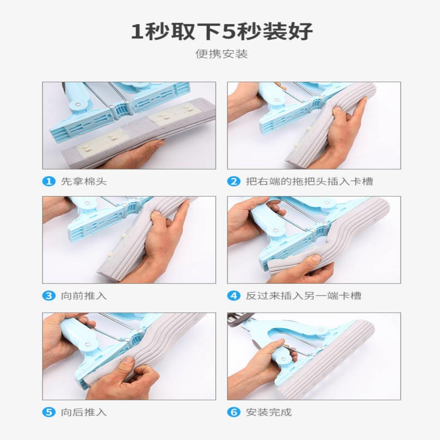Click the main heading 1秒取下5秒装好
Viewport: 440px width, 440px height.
click(221, 32)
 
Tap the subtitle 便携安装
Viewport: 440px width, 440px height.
click(221, 54)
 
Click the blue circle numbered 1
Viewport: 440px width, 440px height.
click(49, 182)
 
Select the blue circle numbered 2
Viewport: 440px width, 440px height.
click(234, 182)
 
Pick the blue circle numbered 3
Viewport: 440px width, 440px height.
click(49, 296)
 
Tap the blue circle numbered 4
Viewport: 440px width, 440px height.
click(234, 296)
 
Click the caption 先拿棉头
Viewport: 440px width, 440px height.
click(84, 182)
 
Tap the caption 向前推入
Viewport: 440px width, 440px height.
click(84, 296)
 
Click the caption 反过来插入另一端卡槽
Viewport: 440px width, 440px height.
click(303, 296)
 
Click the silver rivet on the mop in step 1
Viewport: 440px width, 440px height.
click(78, 103)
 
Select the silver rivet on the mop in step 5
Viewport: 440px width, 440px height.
click(88, 344)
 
